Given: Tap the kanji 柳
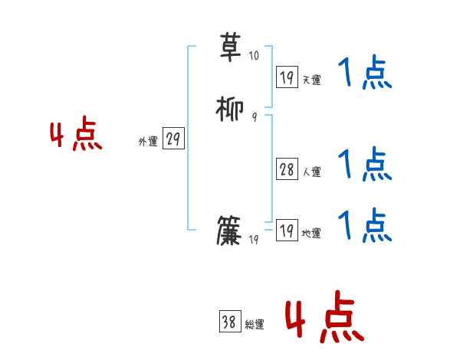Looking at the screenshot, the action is (230, 109).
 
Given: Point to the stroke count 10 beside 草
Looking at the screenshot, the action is (254, 56).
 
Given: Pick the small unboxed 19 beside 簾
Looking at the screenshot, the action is (255, 240).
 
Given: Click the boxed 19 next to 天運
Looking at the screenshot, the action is (287, 77).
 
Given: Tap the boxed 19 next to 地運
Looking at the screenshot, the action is (287, 231).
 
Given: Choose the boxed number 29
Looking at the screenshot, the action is (173, 139).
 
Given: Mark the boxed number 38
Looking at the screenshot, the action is (229, 322).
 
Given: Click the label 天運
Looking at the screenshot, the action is (311, 80).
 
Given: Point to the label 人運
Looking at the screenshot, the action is (311, 172).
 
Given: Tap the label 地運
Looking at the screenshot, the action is (311, 234).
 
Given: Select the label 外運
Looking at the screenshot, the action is (148, 142).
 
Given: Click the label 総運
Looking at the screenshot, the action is (255, 325).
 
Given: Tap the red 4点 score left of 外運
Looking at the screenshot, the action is (76, 136).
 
